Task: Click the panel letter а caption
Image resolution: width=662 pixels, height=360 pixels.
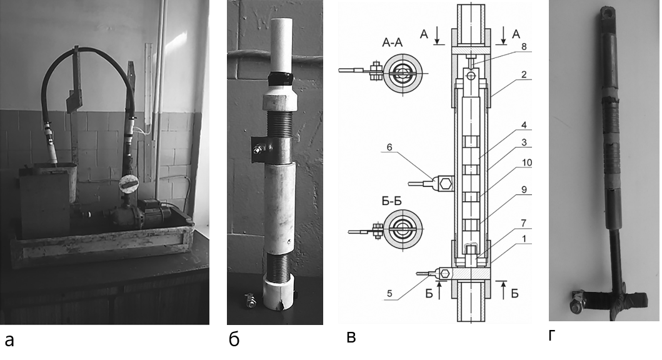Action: (x=9, y=341)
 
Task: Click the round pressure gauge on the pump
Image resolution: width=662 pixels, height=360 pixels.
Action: (x=128, y=185)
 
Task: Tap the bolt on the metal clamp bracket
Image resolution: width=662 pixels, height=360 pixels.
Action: (x=258, y=149)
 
